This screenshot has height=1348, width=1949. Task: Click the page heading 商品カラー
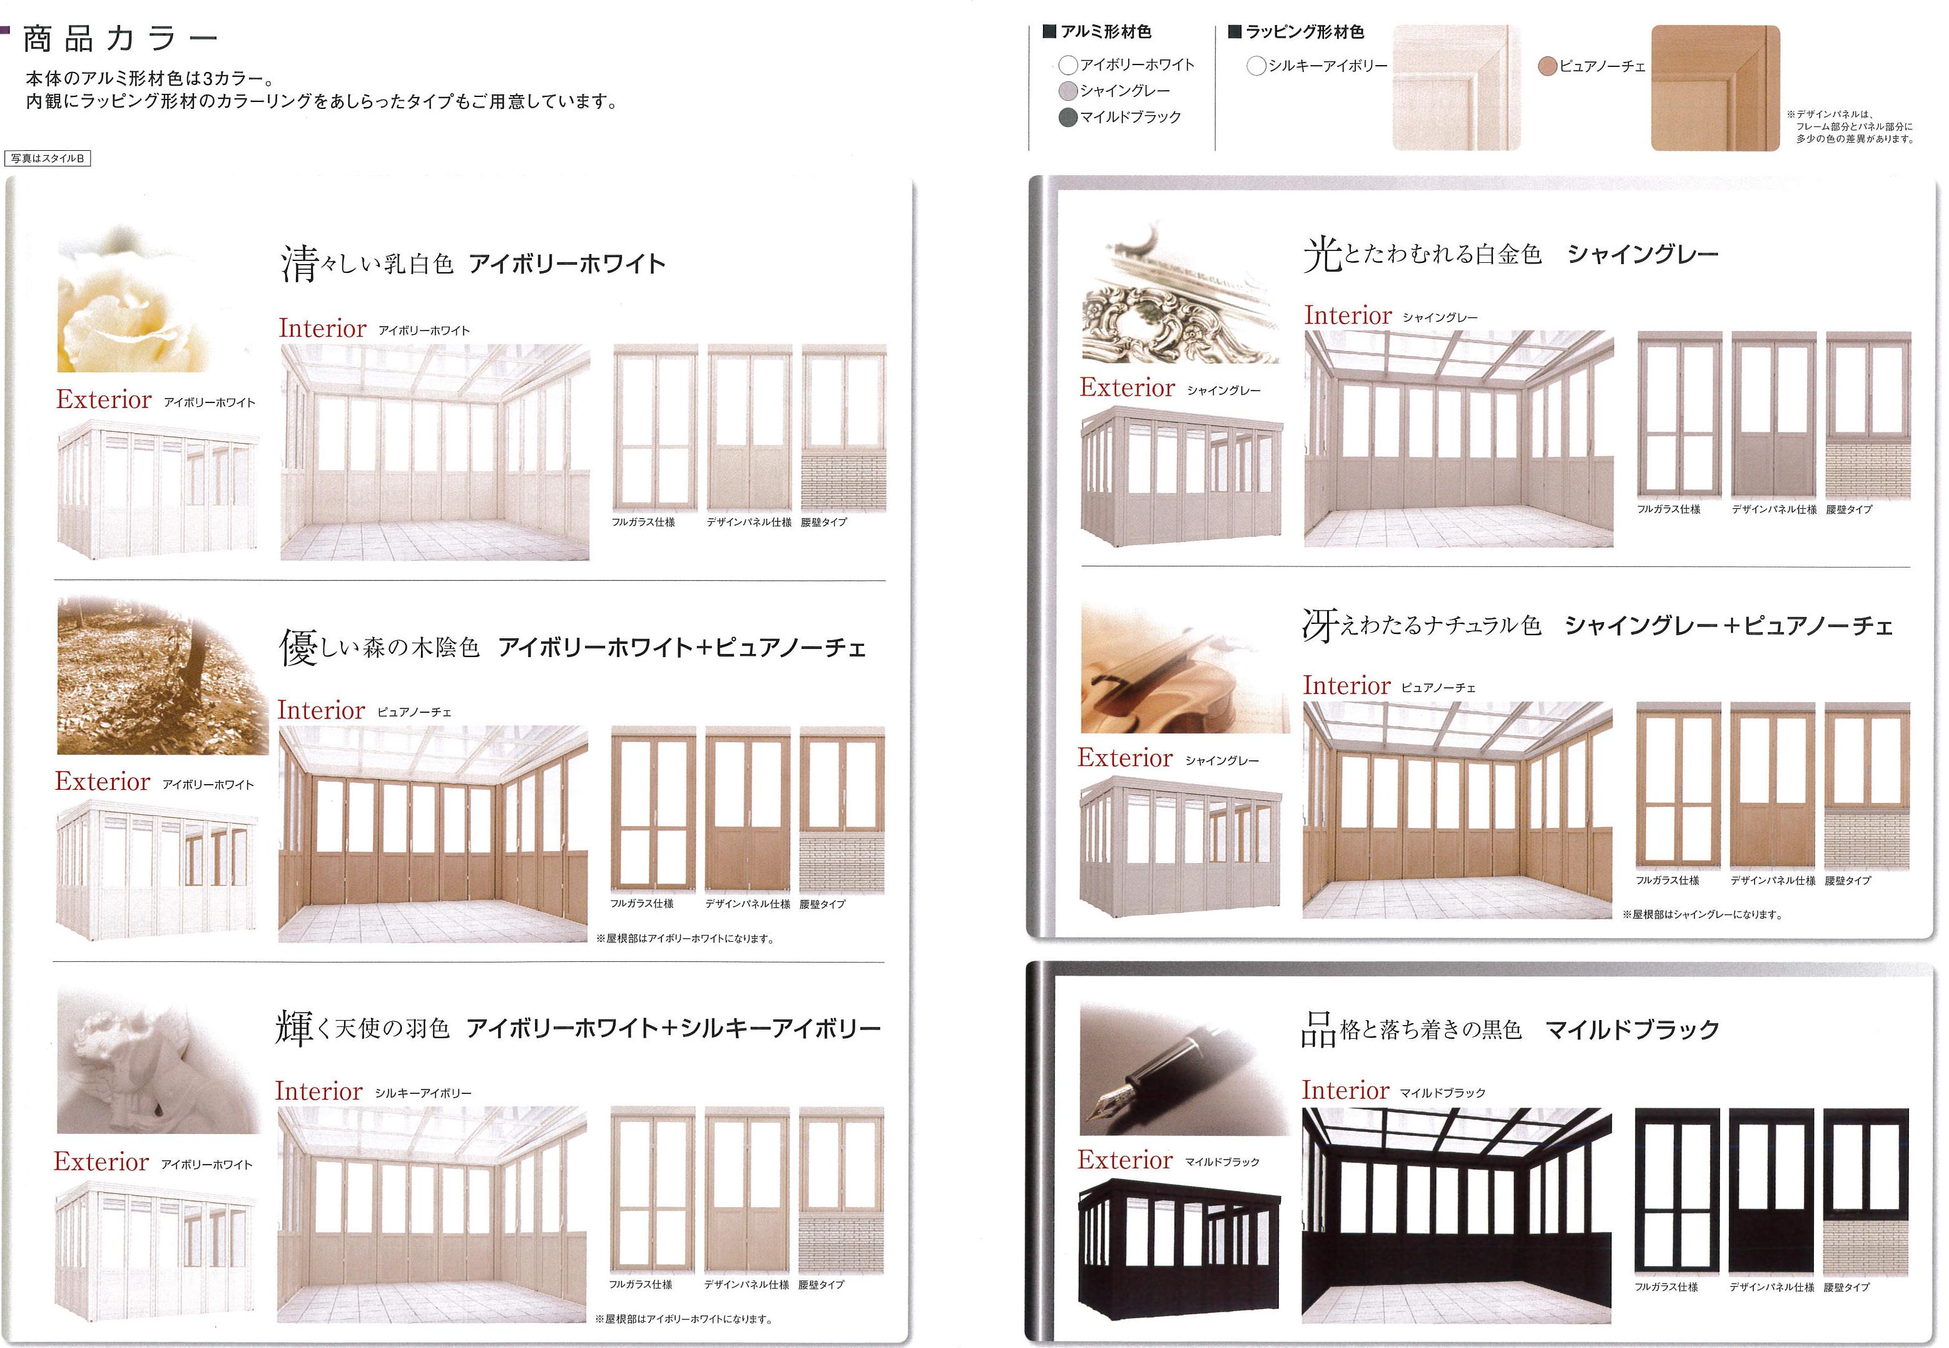(121, 39)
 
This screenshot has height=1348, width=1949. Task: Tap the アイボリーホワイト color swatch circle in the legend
(1068, 64)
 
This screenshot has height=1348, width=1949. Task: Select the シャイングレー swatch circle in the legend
(1068, 90)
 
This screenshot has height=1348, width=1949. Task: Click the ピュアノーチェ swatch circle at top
(1547, 66)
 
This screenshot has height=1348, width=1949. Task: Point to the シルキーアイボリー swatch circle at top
(1256, 65)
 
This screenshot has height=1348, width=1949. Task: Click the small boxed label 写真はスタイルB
(48, 158)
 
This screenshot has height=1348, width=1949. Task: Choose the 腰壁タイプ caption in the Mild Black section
(1847, 1287)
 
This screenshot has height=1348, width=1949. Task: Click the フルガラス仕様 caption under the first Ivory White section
(643, 522)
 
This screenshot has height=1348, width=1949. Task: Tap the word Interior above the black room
(1345, 1090)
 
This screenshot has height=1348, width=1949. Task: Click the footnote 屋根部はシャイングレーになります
(1702, 914)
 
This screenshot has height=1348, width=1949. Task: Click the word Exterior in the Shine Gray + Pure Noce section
(1125, 758)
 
